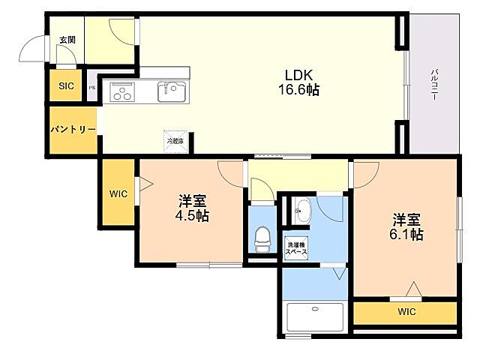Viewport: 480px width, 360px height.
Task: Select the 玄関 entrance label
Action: tap(67, 40)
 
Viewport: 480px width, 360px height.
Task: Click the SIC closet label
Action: tap(67, 85)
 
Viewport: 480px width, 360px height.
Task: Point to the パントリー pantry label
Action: tap(73, 130)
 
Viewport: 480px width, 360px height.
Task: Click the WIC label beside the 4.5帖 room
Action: tap(118, 193)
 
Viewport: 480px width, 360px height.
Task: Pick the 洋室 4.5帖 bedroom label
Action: tap(193, 208)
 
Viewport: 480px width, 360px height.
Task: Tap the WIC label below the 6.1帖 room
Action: tap(406, 311)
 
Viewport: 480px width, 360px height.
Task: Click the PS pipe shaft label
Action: tap(92, 88)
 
